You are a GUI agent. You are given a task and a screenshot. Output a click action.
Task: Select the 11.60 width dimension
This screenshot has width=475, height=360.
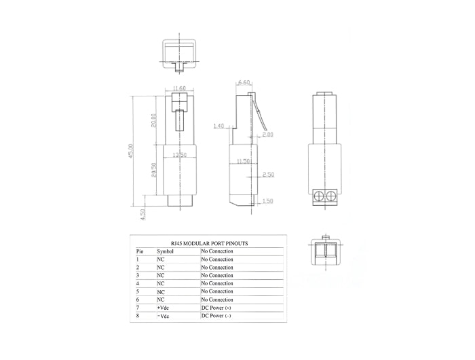coord(179,88)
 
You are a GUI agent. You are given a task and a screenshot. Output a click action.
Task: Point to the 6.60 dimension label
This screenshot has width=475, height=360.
coord(243,82)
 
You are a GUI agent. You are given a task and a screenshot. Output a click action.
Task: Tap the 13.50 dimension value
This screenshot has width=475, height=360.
coord(179,155)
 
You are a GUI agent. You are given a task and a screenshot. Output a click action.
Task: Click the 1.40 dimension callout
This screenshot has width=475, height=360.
coord(218,126)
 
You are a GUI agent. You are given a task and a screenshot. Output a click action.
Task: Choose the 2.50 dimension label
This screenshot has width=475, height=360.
coord(268,175)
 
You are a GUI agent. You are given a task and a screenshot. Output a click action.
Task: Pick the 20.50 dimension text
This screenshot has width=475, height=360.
coord(155,170)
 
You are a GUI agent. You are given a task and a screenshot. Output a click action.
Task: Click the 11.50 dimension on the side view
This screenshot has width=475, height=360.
coord(243,161)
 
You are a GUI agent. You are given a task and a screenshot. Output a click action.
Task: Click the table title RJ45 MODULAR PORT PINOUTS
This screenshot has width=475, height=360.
coord(208,242)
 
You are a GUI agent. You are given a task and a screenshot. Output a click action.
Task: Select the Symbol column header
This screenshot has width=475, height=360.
coord(166,251)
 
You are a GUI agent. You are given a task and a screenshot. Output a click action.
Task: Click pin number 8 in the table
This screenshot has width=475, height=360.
coord(138,316)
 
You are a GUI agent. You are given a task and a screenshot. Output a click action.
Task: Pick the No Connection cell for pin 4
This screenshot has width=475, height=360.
coord(217,283)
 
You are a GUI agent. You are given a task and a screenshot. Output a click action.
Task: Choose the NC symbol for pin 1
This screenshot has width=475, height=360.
coord(161,259)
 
